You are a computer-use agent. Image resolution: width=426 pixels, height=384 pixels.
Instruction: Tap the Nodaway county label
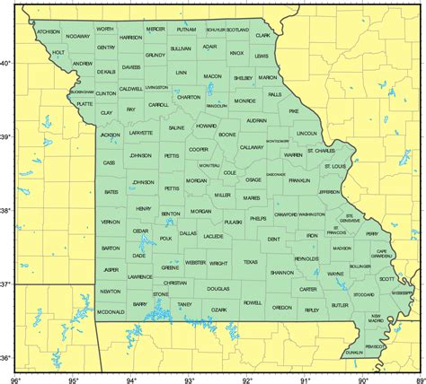click(78, 37)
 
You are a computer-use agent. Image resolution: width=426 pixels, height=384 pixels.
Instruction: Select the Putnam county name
click(186, 30)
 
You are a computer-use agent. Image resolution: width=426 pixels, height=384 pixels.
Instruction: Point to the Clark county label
click(262, 36)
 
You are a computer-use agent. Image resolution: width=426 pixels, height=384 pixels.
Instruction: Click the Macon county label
click(213, 76)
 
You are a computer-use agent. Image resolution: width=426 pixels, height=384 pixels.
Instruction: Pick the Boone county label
click(226, 135)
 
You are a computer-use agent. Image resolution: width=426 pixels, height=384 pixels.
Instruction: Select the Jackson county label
click(110, 135)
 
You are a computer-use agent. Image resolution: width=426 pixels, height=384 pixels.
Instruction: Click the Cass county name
click(109, 162)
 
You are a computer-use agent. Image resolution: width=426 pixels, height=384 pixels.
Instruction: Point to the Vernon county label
click(111, 221)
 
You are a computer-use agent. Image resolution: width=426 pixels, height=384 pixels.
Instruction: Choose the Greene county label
click(170, 267)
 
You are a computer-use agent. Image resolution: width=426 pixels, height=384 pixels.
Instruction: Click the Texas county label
click(250, 262)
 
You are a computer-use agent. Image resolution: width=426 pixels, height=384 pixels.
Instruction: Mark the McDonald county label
click(112, 312)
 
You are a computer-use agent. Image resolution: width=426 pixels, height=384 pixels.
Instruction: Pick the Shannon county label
click(282, 272)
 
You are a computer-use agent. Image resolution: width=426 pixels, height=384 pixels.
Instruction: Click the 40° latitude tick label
click(8, 63)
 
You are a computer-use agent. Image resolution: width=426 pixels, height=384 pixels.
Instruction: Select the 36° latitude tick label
click(8, 359)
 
